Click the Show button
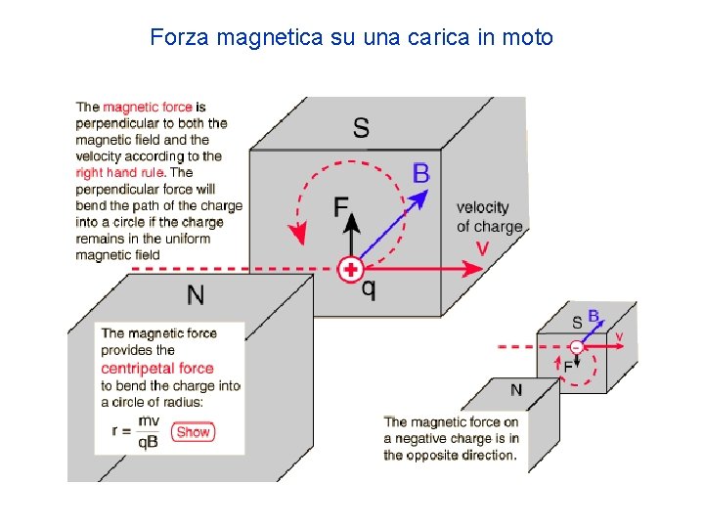click(194, 431)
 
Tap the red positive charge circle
click(350, 269)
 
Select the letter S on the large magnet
click(361, 128)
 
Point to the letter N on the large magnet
click(197, 295)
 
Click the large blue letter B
click(421, 174)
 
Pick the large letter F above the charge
click(341, 206)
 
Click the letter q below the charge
click(369, 289)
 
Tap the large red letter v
click(482, 248)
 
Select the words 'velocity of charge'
click(488, 216)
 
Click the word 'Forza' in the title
click(180, 38)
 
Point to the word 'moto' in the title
click(529, 38)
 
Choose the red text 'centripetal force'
click(156, 368)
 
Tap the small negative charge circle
click(576, 346)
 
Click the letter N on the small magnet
click(516, 390)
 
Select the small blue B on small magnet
click(593, 318)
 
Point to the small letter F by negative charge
click(568, 366)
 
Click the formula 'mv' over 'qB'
click(149, 430)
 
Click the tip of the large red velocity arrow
click(480, 269)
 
